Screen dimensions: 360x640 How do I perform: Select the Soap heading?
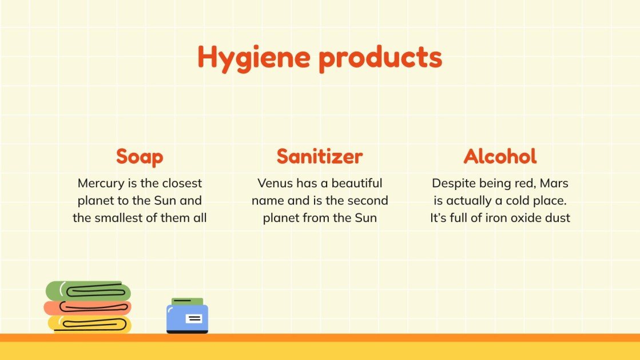pos(140,156)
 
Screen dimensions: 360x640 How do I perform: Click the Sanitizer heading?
pos(320,156)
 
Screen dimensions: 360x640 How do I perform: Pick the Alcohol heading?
pos(500,156)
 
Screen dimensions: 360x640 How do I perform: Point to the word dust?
pos(558,218)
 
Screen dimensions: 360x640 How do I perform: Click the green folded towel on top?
pos(88,291)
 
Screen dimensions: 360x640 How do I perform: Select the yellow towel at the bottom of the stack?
pos(89,324)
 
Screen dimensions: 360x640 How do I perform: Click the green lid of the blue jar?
pos(187,301)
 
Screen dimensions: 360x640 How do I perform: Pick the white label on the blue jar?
pos(194,318)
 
